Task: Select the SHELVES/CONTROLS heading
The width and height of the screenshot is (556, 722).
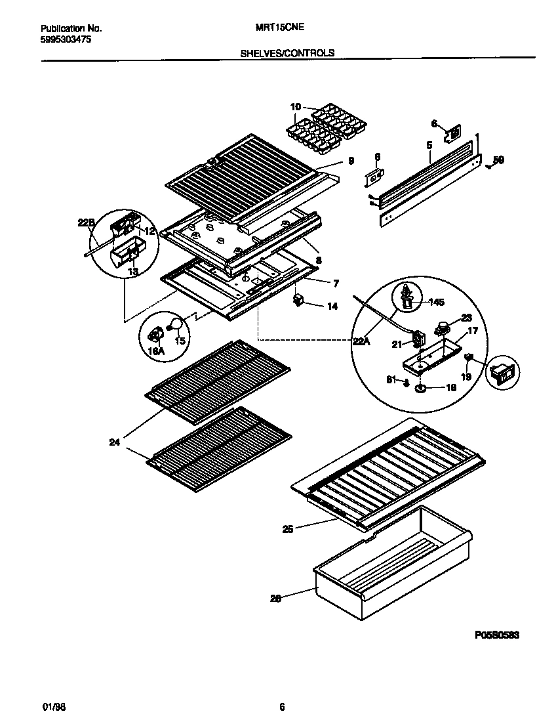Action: pyautogui.click(x=288, y=53)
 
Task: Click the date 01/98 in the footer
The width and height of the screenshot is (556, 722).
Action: pyautogui.click(x=50, y=706)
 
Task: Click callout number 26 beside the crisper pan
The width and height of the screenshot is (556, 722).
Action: pyautogui.click(x=275, y=598)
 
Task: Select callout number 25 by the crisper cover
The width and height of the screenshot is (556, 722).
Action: pyautogui.click(x=288, y=528)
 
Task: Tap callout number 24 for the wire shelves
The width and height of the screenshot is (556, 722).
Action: pyautogui.click(x=115, y=442)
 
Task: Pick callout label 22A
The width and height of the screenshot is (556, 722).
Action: pyautogui.click(x=359, y=340)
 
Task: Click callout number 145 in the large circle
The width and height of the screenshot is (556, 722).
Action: pyautogui.click(x=435, y=302)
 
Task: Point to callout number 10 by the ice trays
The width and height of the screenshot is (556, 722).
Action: pyautogui.click(x=296, y=106)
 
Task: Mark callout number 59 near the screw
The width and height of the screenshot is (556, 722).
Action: pyautogui.click(x=498, y=159)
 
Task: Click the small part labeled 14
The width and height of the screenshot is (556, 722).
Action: pyautogui.click(x=299, y=300)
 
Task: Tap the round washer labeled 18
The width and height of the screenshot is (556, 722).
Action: pyautogui.click(x=419, y=389)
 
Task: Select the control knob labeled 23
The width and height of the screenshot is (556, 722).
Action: pyautogui.click(x=444, y=325)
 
